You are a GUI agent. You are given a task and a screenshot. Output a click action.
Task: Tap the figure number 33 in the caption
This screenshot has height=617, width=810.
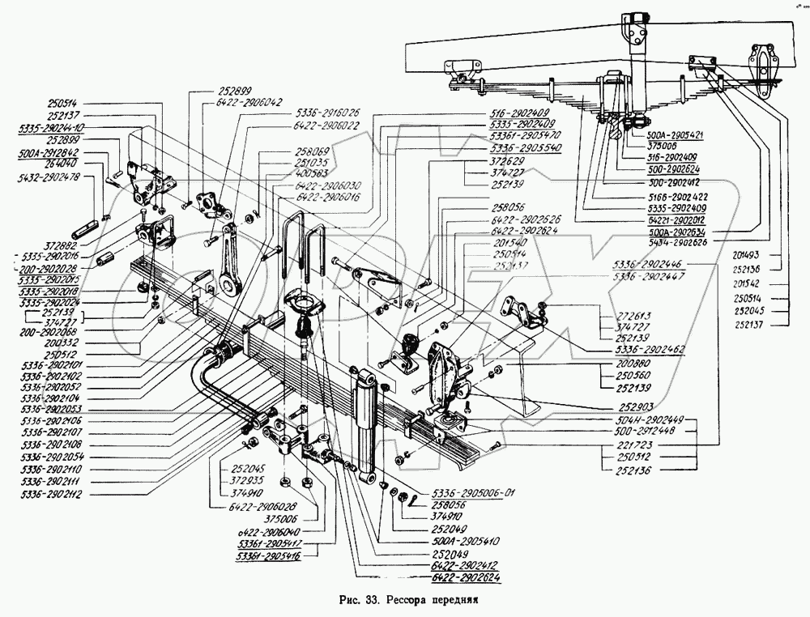373,601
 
